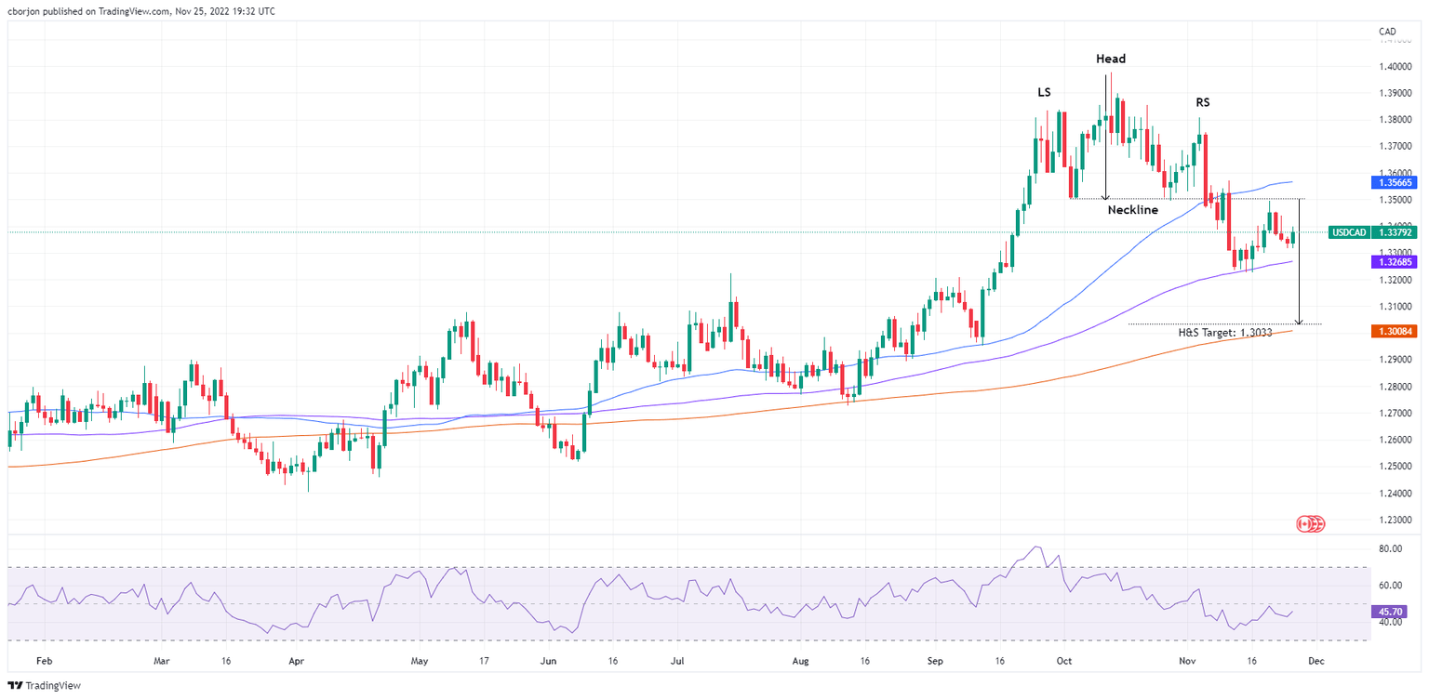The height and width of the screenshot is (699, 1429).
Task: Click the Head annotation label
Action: [x=1110, y=59]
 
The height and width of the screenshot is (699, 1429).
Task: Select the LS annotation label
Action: [x=1045, y=92]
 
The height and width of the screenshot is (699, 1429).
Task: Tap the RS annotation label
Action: [x=1203, y=102]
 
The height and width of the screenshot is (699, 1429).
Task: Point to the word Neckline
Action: [x=1132, y=210]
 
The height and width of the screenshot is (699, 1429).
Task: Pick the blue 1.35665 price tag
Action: [x=1394, y=183]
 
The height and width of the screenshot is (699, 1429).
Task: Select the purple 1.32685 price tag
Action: [x=1394, y=263]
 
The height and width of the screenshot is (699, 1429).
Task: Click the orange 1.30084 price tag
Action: [x=1394, y=331]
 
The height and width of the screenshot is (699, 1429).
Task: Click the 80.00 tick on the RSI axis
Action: [x=1391, y=549]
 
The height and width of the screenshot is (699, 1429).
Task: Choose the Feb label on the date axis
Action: [x=42, y=662]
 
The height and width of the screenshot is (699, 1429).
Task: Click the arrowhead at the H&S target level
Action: [x=1299, y=321]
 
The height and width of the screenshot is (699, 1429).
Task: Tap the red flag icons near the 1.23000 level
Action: [x=1310, y=524]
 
